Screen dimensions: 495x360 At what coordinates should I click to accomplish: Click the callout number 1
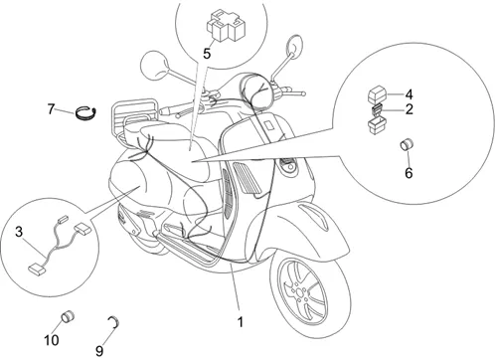pyautogui.click(x=241, y=322)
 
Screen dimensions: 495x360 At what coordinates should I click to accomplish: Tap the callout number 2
pyautogui.click(x=410, y=109)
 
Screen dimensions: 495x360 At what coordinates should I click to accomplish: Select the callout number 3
pyautogui.click(x=19, y=232)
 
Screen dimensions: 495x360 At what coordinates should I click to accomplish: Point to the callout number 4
pyautogui.click(x=410, y=94)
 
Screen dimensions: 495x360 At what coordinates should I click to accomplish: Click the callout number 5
pyautogui.click(x=207, y=54)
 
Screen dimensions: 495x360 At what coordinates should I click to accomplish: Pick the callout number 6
pyautogui.click(x=409, y=173)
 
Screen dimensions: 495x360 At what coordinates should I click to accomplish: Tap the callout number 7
pyautogui.click(x=51, y=109)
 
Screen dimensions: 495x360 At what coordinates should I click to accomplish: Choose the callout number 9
pyautogui.click(x=99, y=350)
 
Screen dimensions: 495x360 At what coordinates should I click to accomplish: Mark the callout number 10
pyautogui.click(x=52, y=340)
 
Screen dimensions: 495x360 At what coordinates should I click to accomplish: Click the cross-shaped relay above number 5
pyautogui.click(x=226, y=26)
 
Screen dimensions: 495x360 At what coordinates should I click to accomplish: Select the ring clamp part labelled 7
pyautogui.click(x=85, y=112)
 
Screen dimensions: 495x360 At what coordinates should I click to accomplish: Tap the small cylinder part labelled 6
pyautogui.click(x=408, y=145)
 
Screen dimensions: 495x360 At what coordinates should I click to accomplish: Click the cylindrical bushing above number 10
pyautogui.click(x=68, y=316)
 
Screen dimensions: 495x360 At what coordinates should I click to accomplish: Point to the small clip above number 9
pyautogui.click(x=115, y=322)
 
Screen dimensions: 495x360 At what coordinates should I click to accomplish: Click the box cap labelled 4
pyautogui.click(x=377, y=94)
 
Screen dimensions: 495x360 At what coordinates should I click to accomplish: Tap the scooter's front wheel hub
pyautogui.click(x=300, y=292)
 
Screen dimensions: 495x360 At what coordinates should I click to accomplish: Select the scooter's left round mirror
pyautogui.click(x=155, y=66)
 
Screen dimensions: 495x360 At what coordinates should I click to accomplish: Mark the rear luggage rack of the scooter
pyautogui.click(x=132, y=114)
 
